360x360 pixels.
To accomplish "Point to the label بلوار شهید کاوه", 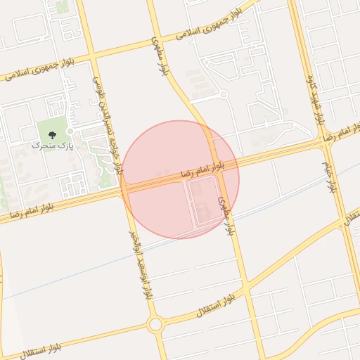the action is (x=314, y=98).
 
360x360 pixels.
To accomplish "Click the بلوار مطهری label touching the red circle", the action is (x=224, y=214).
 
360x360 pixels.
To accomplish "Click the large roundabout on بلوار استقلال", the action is (x=155, y=324).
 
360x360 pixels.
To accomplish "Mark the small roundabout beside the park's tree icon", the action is (x=70, y=131).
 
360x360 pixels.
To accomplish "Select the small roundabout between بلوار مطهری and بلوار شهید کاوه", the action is (x=223, y=94).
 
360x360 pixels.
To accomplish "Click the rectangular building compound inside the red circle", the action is (x=200, y=202).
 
